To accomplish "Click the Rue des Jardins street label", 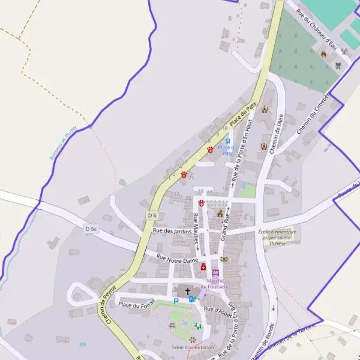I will point(172,231).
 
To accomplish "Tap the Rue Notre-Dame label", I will point(177,259).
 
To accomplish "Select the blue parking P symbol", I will point(176,301).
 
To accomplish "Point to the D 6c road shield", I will point(91,229).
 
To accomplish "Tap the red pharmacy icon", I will point(203,266).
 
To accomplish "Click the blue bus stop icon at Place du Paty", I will point(228,141).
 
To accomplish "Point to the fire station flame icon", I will point(324,54).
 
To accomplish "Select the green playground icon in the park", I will point(198,326).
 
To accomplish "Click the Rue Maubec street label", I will point(196,230).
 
